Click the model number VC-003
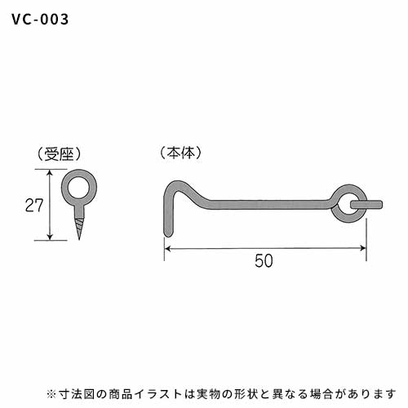(x=40, y=20)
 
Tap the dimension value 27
(x=34, y=206)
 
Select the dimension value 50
(x=264, y=261)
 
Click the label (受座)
(x=59, y=155)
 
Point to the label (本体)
(x=180, y=153)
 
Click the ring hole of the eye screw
(x=79, y=188)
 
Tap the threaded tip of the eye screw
(x=79, y=228)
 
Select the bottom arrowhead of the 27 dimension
(x=50, y=237)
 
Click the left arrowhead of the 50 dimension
(x=167, y=248)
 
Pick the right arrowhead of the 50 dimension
(x=363, y=248)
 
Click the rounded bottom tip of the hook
(x=168, y=233)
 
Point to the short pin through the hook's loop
(x=366, y=205)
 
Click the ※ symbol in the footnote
(x=51, y=393)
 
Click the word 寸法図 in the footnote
(x=75, y=393)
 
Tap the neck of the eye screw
(x=79, y=211)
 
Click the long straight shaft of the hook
(x=269, y=205)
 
